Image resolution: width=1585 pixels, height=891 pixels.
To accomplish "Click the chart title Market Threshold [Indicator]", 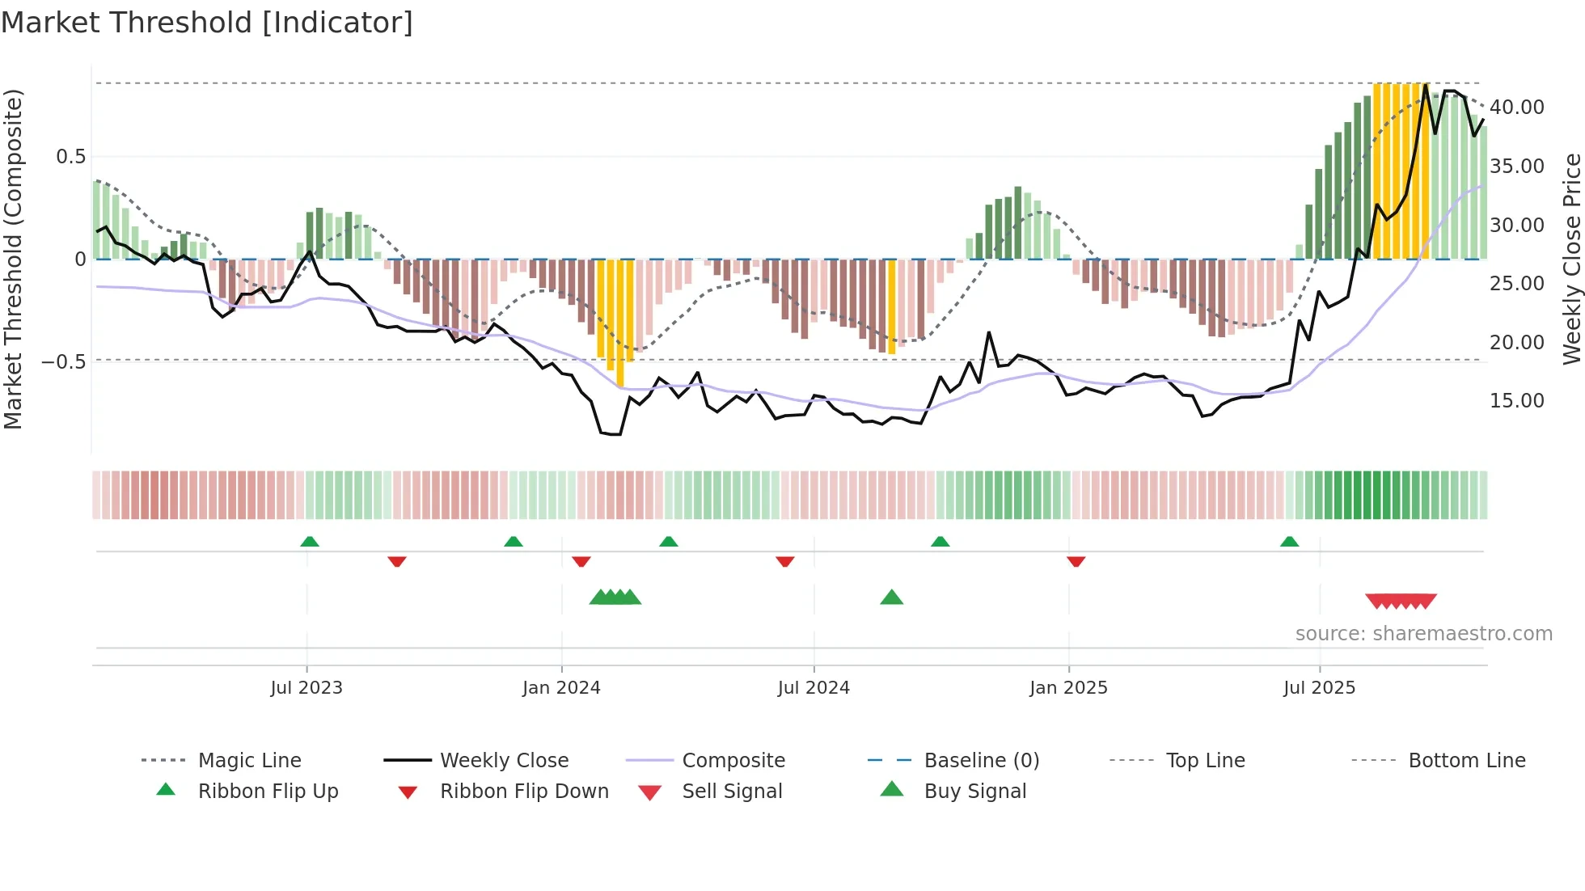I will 207,23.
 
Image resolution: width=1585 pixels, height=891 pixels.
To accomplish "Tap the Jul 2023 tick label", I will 306,688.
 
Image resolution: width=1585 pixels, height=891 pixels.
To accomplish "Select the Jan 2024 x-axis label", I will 561,688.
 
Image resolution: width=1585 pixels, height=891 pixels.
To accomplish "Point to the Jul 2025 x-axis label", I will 1319,688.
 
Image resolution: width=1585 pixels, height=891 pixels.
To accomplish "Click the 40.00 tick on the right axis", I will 1516,108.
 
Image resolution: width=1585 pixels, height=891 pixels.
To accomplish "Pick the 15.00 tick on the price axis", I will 1516,401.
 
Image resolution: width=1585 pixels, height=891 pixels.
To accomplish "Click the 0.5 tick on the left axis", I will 70,157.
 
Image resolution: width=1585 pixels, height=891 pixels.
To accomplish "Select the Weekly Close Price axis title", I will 1571,259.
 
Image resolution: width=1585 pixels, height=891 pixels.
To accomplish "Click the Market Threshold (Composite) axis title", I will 13,259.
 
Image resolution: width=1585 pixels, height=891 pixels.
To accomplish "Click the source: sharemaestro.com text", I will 1423,634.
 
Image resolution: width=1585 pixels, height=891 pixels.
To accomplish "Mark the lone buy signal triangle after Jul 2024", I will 891,598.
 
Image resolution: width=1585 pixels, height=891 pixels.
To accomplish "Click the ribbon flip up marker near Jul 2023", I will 310,542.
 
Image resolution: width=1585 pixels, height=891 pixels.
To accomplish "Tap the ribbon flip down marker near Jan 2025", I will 1076,561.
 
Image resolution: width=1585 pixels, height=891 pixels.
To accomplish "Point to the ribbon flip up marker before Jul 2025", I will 1289,542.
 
